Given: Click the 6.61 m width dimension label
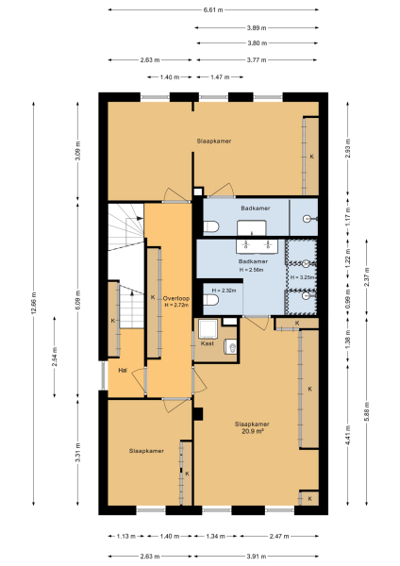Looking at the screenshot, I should pyautogui.click(x=215, y=10).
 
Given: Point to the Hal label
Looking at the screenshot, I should pyautogui.click(x=123, y=371).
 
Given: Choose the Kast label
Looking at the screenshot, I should pyautogui.click(x=208, y=344).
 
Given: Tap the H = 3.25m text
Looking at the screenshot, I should pyautogui.click(x=302, y=277).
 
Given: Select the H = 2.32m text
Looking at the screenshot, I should pyautogui.click(x=223, y=290).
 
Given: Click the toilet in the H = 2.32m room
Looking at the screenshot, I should pyautogui.click(x=211, y=301).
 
